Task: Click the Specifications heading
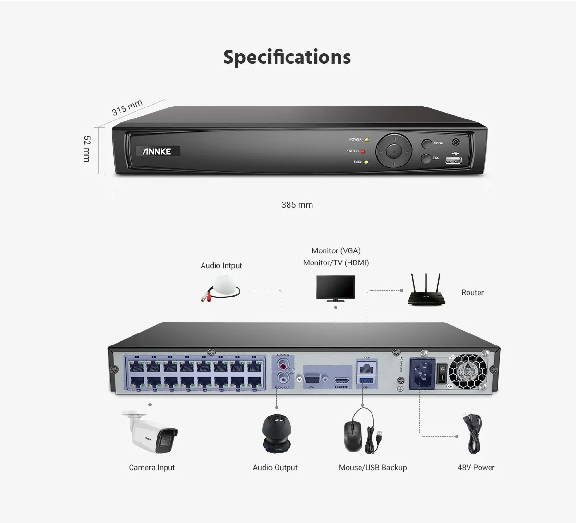click(287, 57)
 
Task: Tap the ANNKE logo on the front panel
click(157, 151)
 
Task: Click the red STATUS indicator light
click(363, 151)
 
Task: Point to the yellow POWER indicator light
click(367, 140)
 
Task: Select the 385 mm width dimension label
click(297, 205)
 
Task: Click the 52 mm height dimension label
click(87, 149)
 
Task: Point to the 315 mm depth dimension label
click(127, 107)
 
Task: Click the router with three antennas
click(427, 291)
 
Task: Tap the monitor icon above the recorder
click(336, 288)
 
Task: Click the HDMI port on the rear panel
click(341, 380)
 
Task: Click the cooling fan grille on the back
click(468, 371)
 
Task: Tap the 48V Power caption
click(476, 467)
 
